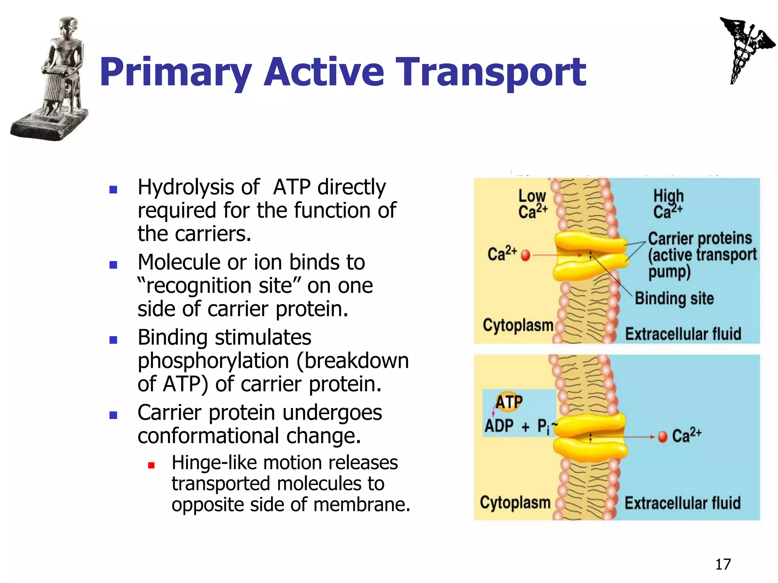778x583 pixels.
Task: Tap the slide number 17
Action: pyautogui.click(x=723, y=564)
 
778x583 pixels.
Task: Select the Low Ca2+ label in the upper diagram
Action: pyautogui.click(x=532, y=204)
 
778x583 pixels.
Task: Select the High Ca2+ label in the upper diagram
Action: pyautogui.click(x=668, y=204)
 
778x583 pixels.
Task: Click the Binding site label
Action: pyautogui.click(x=674, y=298)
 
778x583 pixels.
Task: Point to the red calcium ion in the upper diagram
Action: pyautogui.click(x=525, y=255)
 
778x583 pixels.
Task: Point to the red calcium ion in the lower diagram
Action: pyautogui.click(x=663, y=437)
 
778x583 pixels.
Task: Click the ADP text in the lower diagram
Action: pyautogui.click(x=499, y=426)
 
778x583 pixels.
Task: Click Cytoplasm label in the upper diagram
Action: pyautogui.click(x=517, y=325)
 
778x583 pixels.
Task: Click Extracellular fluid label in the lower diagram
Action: pyautogui.click(x=683, y=503)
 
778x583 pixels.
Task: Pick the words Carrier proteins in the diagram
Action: pyautogui.click(x=700, y=238)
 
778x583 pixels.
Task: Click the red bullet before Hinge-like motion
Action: pyautogui.click(x=151, y=465)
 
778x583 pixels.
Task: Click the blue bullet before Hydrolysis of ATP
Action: pyautogui.click(x=113, y=189)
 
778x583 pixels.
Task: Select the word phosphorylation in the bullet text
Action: pyautogui.click(x=213, y=361)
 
